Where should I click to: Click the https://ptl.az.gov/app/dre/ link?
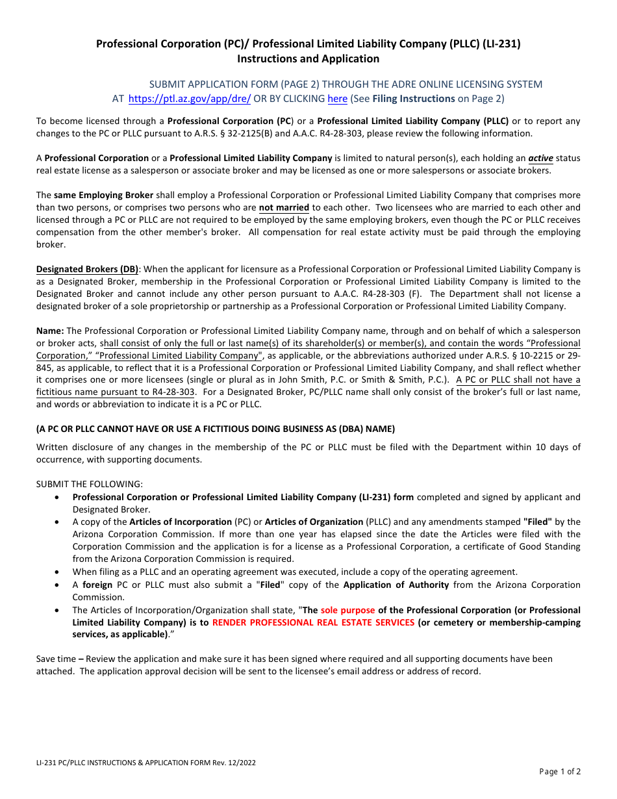tap(190, 99)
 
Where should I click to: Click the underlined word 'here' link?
tap(337, 99)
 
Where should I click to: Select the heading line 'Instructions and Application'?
tap(308, 58)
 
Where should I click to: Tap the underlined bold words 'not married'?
tap(284, 208)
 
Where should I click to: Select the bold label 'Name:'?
tap(50, 331)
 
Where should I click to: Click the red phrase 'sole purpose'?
tap(347, 610)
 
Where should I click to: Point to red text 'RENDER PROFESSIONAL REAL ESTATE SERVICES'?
tap(313, 622)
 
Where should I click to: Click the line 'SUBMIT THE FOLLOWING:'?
tap(89, 484)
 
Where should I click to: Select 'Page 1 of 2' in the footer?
tap(560, 772)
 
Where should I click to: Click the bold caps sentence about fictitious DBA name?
tap(215, 429)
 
